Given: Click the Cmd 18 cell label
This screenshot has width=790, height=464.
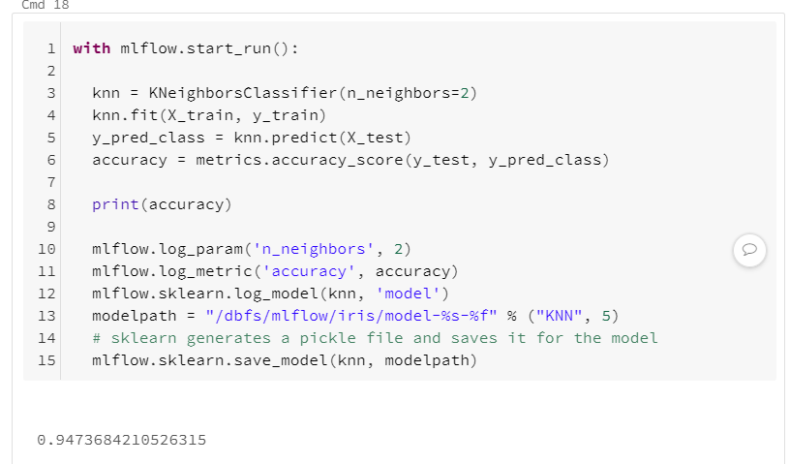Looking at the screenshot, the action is click(x=38, y=5).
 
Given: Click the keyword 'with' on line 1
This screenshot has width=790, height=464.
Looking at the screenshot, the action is click(x=91, y=48).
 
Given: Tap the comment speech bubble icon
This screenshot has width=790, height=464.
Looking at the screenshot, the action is click(x=748, y=250).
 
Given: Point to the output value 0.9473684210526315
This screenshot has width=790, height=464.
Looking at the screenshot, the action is click(x=121, y=440).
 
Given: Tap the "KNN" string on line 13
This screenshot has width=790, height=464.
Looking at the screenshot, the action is click(x=561, y=316).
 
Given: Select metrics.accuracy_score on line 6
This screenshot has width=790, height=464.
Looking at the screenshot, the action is click(x=289, y=160).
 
